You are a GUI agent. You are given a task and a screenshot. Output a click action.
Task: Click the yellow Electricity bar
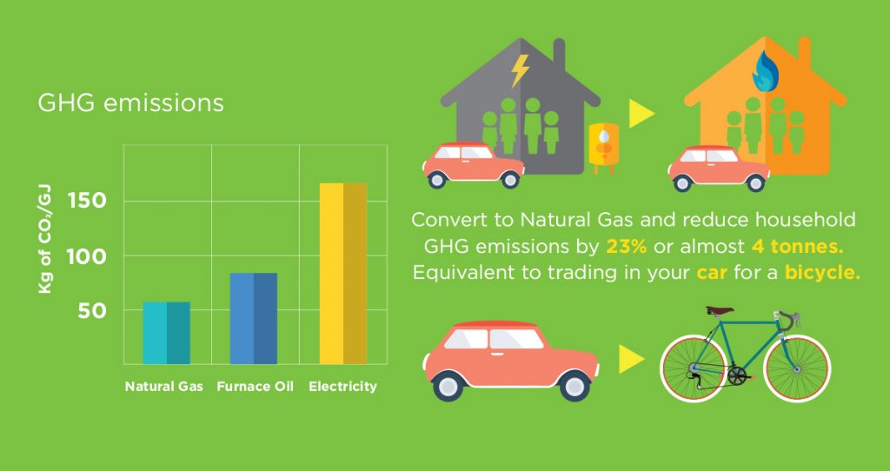[x=342, y=274]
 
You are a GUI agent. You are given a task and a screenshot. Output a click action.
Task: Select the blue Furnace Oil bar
[x=253, y=318]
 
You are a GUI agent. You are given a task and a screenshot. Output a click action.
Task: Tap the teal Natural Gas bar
[x=166, y=333]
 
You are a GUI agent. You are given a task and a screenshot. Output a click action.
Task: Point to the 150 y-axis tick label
[x=87, y=201]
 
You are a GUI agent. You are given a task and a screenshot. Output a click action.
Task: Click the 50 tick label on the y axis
[x=92, y=310]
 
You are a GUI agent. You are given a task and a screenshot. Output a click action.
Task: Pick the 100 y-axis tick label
[x=86, y=257]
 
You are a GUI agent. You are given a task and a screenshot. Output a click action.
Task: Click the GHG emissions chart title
[x=130, y=103]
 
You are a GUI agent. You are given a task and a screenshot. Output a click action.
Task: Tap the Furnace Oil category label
[x=256, y=387]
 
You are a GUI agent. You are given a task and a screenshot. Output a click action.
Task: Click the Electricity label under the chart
[x=342, y=387]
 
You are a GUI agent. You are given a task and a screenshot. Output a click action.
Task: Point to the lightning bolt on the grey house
[x=520, y=70]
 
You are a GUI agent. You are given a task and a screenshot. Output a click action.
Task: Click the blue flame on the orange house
[x=766, y=73]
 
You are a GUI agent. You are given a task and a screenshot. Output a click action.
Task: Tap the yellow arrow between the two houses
[x=641, y=114]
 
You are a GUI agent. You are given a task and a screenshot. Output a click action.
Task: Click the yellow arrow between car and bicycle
[x=632, y=359]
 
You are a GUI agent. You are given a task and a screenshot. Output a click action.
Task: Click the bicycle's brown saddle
[x=720, y=310]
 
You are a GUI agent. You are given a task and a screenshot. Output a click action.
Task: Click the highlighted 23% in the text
[x=628, y=247]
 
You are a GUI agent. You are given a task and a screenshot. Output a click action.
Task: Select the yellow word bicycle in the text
[x=822, y=274]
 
